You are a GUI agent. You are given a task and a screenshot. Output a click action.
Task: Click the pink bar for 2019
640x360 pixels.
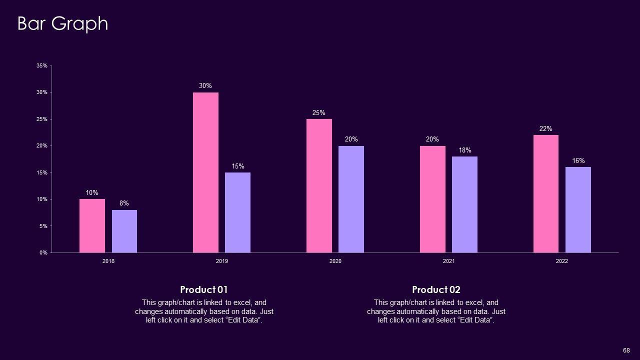point(205,172)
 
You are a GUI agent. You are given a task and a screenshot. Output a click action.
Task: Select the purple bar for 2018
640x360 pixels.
point(124,231)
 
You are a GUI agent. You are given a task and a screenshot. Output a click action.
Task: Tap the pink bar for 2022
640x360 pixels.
point(546,193)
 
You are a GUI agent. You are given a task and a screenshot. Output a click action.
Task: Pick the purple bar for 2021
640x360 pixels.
point(464,204)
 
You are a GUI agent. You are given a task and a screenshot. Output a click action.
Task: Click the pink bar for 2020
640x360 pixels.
point(319,185)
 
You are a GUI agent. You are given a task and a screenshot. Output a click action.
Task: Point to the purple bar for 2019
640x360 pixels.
point(237,212)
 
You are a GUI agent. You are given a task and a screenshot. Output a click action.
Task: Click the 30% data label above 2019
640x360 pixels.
point(205,86)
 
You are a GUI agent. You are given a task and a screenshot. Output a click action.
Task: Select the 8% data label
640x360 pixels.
point(124,203)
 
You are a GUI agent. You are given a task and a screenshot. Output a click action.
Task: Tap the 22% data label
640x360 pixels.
point(545,129)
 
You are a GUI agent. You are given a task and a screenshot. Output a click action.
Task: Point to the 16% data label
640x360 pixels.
point(578,161)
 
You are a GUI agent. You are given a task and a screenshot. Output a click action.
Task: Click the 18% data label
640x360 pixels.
point(465,150)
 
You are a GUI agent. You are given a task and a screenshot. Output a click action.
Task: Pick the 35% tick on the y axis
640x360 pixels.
point(42,66)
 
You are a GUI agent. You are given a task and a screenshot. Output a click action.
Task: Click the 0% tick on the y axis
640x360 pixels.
point(43,253)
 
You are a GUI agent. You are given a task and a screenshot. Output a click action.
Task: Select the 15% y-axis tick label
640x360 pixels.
point(42,172)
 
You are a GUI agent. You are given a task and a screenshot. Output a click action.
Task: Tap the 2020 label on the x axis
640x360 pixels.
point(335,261)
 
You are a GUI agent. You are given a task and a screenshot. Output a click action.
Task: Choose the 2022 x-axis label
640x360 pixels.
point(562,261)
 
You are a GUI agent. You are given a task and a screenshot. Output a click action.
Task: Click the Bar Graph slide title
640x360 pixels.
point(62,23)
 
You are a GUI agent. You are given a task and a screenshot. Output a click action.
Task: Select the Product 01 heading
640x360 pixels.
point(204,290)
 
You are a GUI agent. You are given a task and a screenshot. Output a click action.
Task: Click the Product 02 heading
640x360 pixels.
point(436,290)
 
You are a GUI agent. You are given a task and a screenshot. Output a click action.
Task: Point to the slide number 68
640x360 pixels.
point(626,350)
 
